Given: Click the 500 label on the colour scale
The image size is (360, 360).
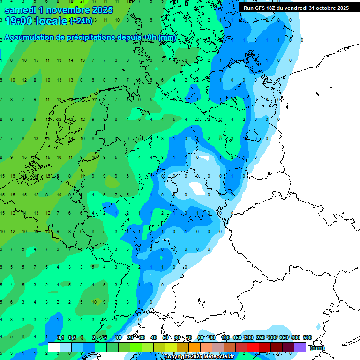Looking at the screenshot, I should (x=307, y=337).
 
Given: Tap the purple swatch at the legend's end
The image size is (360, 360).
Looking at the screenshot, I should (x=300, y=347).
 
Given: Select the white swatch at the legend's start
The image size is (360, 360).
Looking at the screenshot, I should (x=54, y=347).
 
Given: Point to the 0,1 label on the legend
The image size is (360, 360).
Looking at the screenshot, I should (x=60, y=337).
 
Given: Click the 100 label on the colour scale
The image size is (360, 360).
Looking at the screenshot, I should (x=225, y=337).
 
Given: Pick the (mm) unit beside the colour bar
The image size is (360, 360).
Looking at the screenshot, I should (x=317, y=348).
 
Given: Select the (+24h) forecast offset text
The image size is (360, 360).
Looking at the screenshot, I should (x=81, y=21).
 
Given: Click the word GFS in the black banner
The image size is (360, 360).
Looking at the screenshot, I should (x=260, y=8).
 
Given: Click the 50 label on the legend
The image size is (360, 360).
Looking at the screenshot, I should (x=165, y=337).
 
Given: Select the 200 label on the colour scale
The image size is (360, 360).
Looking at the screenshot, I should (x=248, y=337).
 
